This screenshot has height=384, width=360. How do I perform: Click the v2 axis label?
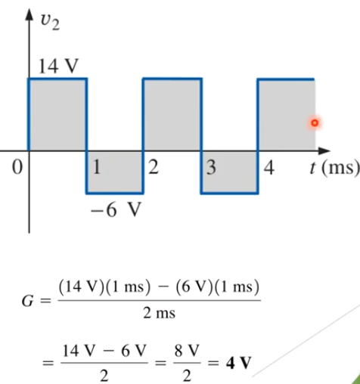50,22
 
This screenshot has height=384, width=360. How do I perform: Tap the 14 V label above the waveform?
58,66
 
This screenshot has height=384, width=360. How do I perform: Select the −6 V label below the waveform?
116,209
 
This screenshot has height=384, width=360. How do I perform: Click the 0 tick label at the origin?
17,167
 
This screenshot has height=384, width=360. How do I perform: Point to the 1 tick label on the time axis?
97,167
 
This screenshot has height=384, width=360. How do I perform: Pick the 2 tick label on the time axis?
154,167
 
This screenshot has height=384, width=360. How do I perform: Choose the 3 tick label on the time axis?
211,168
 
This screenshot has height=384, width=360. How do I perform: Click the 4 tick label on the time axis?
269,168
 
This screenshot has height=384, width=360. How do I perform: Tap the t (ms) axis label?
334,168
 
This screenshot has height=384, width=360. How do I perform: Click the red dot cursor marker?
315,123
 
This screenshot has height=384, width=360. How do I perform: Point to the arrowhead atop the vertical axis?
29,14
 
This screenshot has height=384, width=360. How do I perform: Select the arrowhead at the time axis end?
324,151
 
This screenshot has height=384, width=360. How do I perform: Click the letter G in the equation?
27,301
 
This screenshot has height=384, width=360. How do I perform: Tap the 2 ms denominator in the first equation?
159,314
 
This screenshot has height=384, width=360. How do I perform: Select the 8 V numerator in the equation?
187,351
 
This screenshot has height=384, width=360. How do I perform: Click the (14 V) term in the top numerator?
81,287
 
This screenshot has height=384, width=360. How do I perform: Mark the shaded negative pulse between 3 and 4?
229,172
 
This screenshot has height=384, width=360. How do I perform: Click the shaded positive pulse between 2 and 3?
172,115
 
